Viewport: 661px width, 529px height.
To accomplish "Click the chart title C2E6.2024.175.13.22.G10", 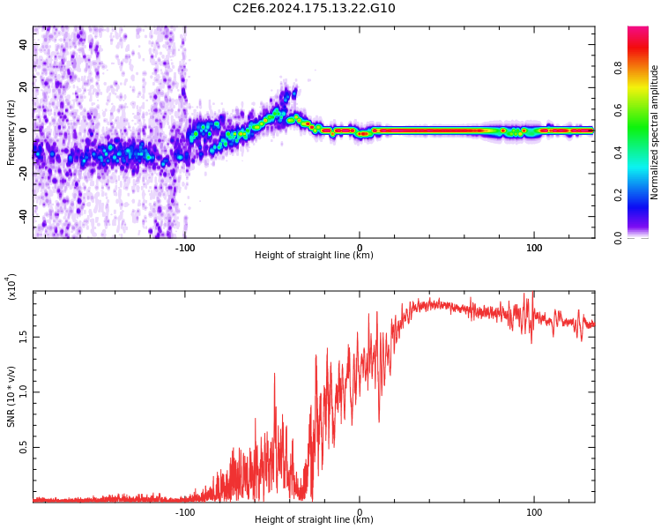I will [314, 9].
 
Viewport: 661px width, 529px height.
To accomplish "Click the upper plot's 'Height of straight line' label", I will [314, 256].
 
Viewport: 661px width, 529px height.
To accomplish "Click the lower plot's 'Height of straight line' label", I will [314, 520].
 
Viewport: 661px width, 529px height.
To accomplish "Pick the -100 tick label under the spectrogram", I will [185, 248].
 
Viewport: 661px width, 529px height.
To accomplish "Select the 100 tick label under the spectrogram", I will [534, 248].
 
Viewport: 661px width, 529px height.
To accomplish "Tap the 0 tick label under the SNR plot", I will [360, 512].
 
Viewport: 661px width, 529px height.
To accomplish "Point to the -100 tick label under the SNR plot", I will [185, 512].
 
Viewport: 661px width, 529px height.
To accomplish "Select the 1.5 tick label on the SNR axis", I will [24, 337].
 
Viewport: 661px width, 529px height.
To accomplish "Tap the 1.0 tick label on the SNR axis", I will [24, 392].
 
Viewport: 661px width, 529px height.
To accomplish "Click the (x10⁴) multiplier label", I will [12, 287].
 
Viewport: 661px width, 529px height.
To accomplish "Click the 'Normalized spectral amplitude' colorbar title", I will [655, 132].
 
